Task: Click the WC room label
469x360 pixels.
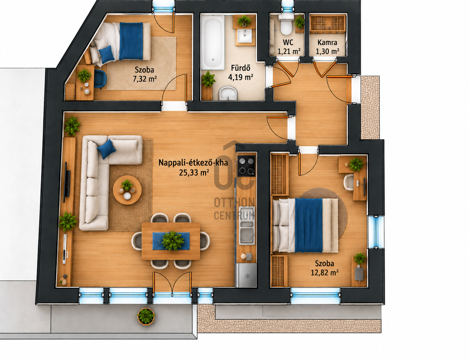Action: click(288, 42)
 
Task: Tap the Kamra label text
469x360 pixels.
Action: click(327, 42)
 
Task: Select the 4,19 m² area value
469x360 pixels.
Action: click(241, 77)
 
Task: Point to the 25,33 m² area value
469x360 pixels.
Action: click(194, 172)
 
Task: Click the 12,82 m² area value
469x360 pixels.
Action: click(324, 273)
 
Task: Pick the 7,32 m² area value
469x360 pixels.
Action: click(145, 79)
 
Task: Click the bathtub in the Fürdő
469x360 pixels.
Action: click(213, 42)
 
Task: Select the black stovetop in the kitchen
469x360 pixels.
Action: click(246, 165)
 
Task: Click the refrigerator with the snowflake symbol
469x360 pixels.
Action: click(246, 275)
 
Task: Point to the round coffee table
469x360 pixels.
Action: click(127, 190)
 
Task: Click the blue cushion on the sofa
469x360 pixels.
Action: click(106, 149)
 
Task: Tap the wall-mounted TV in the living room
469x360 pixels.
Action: click(68, 183)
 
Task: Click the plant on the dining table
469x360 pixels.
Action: click(173, 240)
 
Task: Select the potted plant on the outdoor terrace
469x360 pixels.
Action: click(146, 316)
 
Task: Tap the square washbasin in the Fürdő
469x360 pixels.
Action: click(244, 36)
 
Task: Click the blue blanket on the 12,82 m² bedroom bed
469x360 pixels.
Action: click(309, 225)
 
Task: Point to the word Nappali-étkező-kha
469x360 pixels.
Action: click(193, 162)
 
